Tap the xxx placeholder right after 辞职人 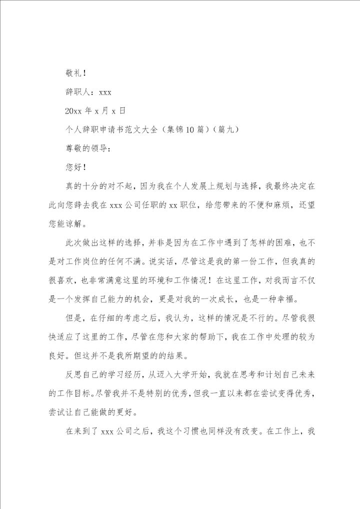pos(105,92)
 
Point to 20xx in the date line pos(73,110)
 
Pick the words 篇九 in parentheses pos(224,129)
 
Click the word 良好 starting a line pos(58,356)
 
